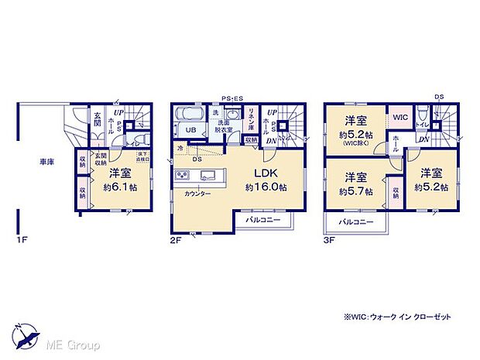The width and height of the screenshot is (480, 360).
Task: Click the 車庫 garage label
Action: point(46,163)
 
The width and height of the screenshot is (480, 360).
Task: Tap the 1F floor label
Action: point(23,240)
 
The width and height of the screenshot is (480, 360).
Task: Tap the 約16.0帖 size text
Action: point(261,187)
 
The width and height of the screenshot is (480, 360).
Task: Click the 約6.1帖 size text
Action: point(122,187)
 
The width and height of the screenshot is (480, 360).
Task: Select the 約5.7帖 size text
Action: point(355,187)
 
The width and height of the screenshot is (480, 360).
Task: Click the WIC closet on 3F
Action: point(400,118)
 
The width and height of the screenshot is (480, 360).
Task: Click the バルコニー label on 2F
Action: point(263,220)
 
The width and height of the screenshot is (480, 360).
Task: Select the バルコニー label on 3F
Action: point(356,223)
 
